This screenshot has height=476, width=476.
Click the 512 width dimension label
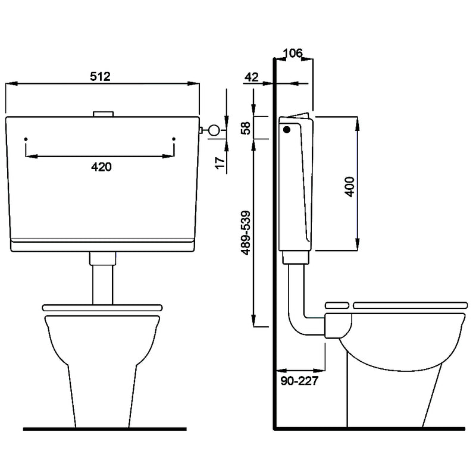click(100, 77)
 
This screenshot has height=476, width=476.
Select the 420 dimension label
click(101, 167)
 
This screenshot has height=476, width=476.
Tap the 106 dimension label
click(293, 53)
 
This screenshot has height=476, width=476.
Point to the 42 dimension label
click(251, 77)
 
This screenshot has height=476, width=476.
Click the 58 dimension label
click(245, 128)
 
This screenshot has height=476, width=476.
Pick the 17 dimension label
click(220, 162)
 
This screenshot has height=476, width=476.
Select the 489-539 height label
click(245, 233)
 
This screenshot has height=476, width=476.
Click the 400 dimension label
click(350, 187)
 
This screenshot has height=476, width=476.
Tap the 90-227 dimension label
click(299, 380)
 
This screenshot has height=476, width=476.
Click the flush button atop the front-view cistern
click(103, 114)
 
